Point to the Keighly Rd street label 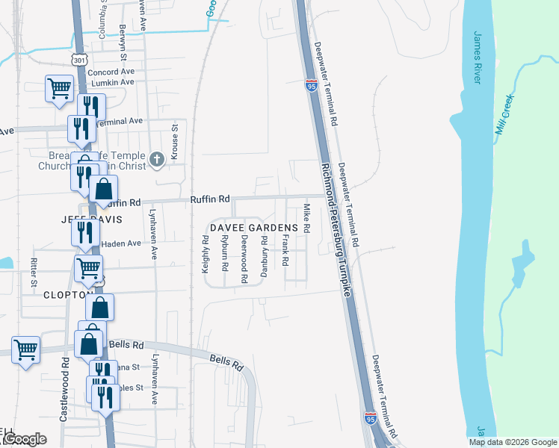coord(206,255)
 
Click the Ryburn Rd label coord(224,252)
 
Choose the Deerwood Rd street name coord(244,259)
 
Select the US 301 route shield coord(79,58)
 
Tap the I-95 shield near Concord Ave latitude coord(310,87)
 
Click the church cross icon coord(157,158)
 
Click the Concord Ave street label coord(111,72)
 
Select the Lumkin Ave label coord(112,82)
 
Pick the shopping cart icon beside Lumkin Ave coord(58,88)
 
